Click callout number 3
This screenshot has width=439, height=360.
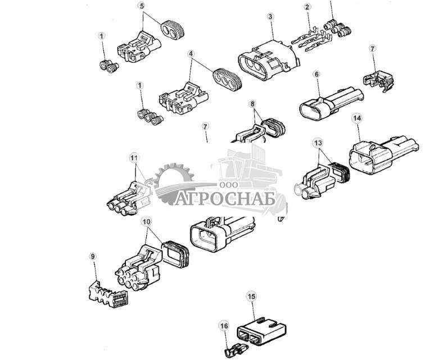(x=270, y=17)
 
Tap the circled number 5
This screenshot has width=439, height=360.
(x=141, y=6)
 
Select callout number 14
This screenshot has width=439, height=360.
(x=356, y=118)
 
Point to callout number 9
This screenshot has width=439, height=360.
(x=93, y=257)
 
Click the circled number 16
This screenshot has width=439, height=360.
(x=224, y=326)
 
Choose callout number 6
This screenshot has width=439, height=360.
(x=316, y=74)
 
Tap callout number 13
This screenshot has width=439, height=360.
(x=319, y=143)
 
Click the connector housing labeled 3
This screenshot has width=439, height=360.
(x=264, y=61)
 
